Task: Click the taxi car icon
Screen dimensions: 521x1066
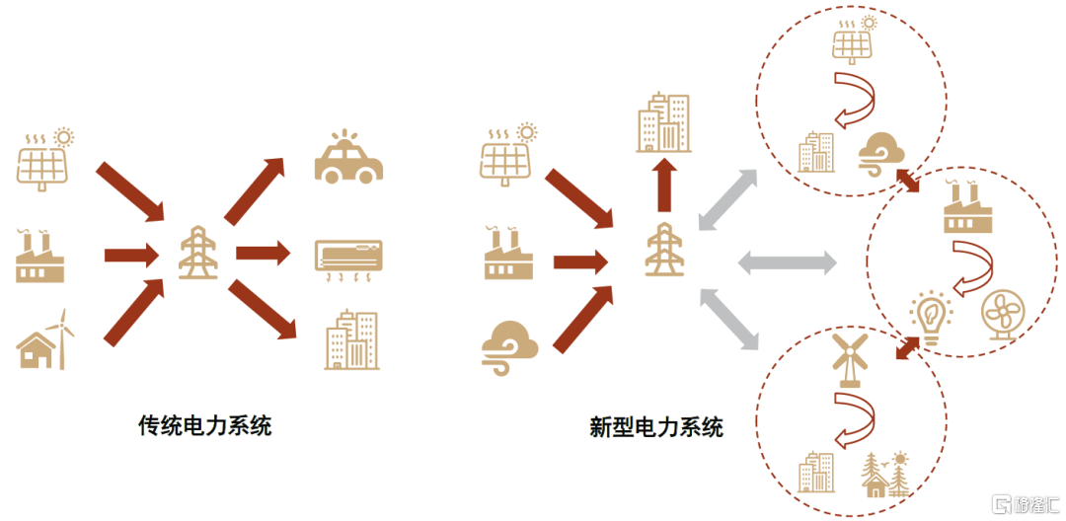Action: (348, 158)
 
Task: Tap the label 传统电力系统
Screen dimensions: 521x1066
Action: (204, 426)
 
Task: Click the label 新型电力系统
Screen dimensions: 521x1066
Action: (656, 426)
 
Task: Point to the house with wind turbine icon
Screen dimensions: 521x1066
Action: (45, 339)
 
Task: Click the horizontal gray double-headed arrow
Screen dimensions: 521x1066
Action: (788, 261)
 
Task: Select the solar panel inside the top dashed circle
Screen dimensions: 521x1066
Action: (852, 38)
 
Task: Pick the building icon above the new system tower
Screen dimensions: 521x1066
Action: (662, 122)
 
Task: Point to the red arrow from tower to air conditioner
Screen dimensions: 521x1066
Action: (262, 254)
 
